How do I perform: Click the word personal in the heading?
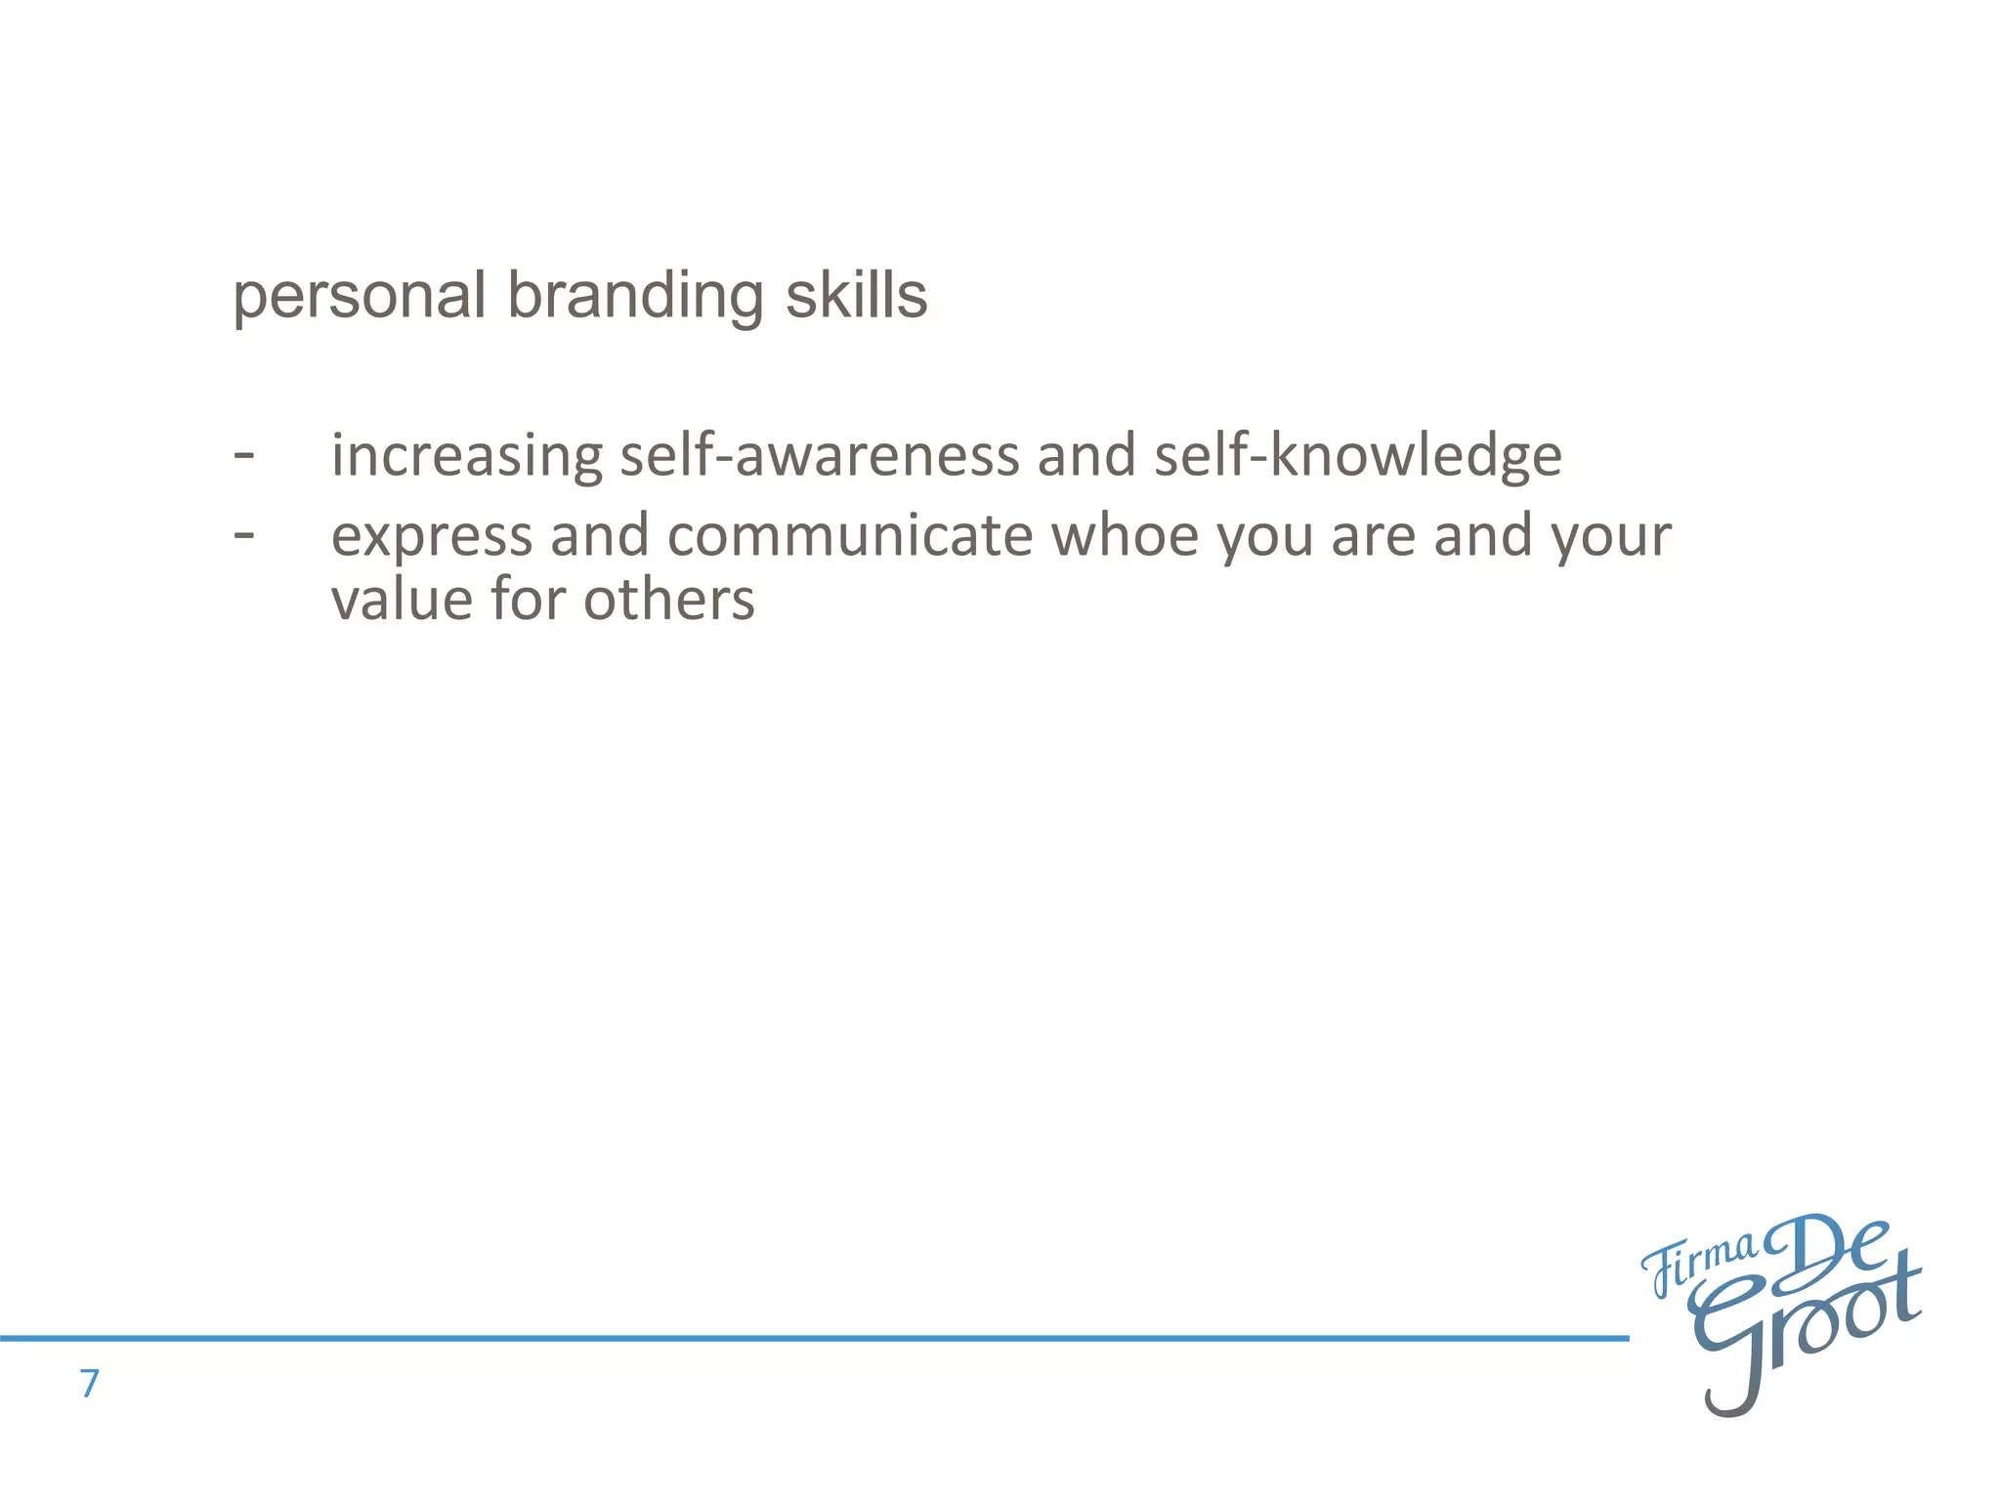pyautogui.click(x=359, y=296)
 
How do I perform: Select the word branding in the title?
pyautogui.click(x=635, y=296)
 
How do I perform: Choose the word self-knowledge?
pyautogui.click(x=1357, y=455)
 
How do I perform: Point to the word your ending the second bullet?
pyautogui.click(x=1611, y=536)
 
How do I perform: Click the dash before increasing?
pyautogui.click(x=244, y=455)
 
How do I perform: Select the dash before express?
pyautogui.click(x=244, y=535)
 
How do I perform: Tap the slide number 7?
pyautogui.click(x=90, y=1384)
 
